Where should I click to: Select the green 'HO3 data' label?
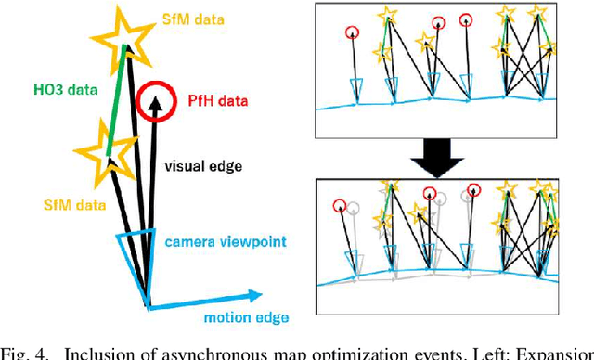point(46,90)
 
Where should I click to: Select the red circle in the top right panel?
point(353,33)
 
